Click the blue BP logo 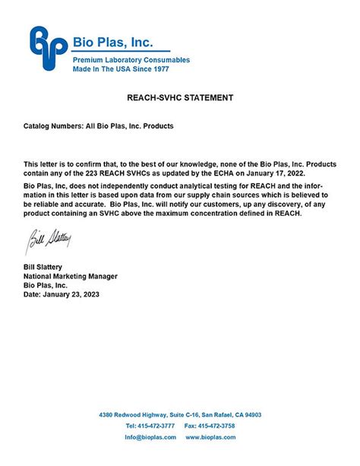[46, 49]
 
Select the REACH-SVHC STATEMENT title [179, 98]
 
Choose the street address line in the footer [180, 415]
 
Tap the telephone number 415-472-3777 [156, 426]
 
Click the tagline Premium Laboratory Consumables [131, 59]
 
